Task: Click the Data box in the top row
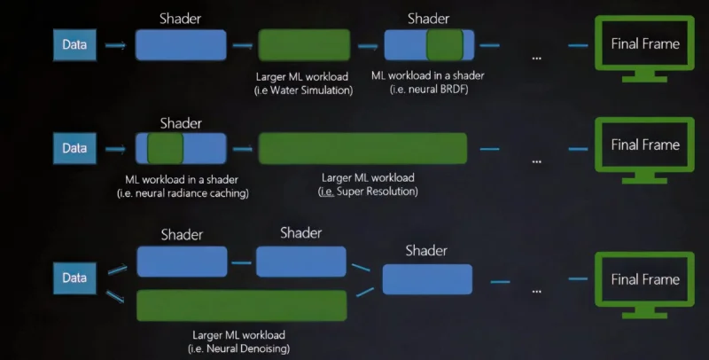click(74, 44)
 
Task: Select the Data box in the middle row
click(74, 147)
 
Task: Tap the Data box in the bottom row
click(74, 278)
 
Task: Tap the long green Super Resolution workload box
click(362, 148)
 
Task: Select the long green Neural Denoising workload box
click(241, 305)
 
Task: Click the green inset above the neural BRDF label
click(445, 44)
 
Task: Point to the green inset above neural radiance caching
click(165, 147)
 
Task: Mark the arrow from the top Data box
click(115, 44)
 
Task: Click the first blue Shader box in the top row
click(180, 44)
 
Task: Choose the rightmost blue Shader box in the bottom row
click(425, 278)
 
